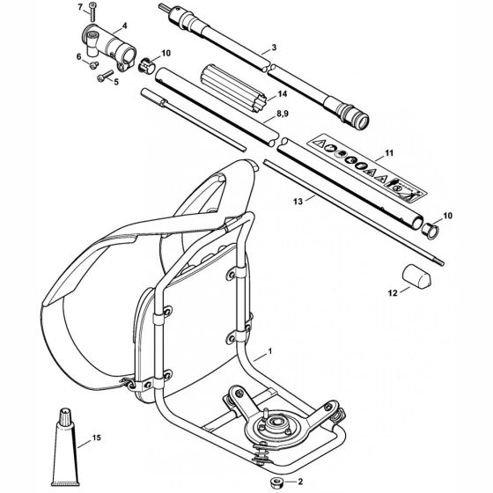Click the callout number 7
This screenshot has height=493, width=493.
point(80,7)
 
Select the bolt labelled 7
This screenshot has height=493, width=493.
point(92,12)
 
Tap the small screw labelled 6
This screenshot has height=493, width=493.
point(93,65)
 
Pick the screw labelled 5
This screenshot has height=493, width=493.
point(106,76)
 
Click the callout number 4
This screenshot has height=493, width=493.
point(124,26)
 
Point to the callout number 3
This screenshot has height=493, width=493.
point(274,48)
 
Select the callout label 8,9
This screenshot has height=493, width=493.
point(282,114)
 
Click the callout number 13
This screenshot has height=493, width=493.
point(298,202)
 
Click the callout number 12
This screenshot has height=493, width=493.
point(393,293)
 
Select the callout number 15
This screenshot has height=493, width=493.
point(97,438)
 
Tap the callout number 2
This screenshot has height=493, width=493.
point(300,481)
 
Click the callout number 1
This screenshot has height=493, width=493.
point(269,351)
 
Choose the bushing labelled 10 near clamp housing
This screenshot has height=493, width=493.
point(146,66)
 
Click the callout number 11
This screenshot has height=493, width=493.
point(389,153)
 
